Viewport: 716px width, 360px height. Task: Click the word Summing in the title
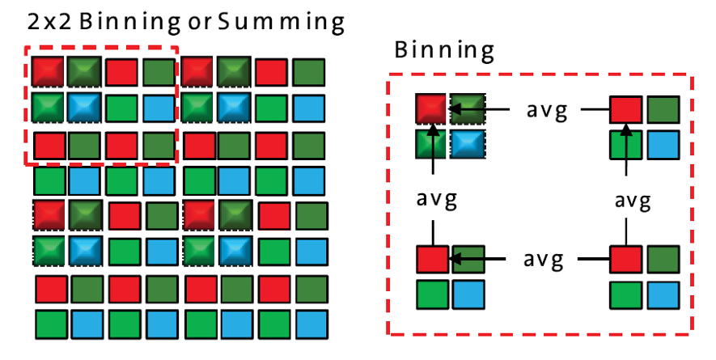tap(282, 22)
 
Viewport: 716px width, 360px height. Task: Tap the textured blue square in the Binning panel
tap(467, 143)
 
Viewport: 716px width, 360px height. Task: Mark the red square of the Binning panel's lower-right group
tap(625, 260)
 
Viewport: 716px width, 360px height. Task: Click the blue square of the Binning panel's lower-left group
tap(468, 294)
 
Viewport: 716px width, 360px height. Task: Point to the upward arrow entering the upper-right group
tap(626, 154)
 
